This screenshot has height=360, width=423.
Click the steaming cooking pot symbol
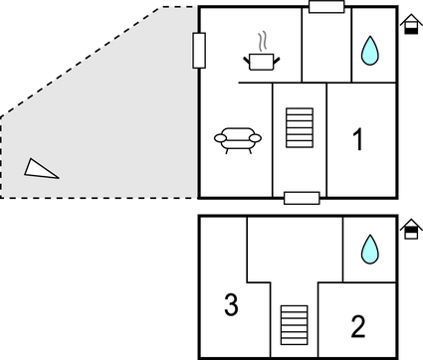click(x=261, y=62)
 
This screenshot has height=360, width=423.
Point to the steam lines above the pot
click(x=262, y=42)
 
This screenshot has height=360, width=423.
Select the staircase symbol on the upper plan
click(x=299, y=128)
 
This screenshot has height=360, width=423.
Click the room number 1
click(x=359, y=141)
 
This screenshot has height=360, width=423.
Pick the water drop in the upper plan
click(x=370, y=51)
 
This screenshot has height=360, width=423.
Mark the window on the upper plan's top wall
click(x=326, y=8)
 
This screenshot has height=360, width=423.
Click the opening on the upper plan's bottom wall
click(x=301, y=198)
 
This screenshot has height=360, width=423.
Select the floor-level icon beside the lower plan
click(x=409, y=230)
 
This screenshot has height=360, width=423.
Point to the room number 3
click(x=231, y=305)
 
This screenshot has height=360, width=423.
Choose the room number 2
click(x=358, y=325)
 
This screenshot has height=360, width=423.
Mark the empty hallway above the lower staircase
click(x=294, y=254)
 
